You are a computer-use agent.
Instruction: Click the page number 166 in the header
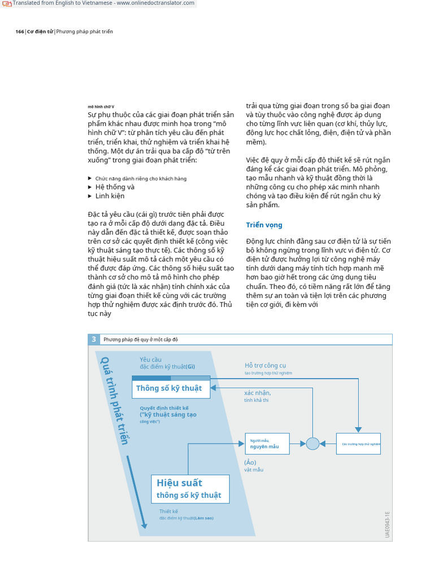coord(19,32)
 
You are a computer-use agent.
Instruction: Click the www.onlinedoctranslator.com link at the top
coord(155,3)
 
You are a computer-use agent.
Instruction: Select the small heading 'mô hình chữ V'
coord(101,107)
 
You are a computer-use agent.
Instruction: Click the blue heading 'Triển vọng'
coord(264,225)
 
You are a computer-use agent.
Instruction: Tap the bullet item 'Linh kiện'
coord(110,196)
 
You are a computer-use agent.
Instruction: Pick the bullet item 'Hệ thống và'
coord(115,187)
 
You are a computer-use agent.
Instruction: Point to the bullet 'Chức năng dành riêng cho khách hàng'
coord(141,178)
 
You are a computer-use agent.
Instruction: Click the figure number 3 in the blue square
coord(94,339)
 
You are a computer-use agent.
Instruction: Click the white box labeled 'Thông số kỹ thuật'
coord(171,388)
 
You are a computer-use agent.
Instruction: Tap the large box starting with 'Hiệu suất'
coord(190,489)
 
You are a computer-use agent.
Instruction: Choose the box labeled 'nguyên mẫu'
coord(267,444)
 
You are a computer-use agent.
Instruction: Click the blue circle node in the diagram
coord(313,444)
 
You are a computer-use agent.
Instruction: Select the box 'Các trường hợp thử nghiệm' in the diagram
coord(358,444)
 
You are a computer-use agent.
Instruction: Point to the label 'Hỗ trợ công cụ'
coord(265,365)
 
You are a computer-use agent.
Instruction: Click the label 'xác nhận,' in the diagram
coord(257,393)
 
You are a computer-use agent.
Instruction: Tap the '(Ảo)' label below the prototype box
coord(250,462)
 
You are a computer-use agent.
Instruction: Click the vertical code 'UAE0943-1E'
coord(388,524)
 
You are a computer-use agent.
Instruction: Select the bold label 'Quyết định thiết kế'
coord(164,408)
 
